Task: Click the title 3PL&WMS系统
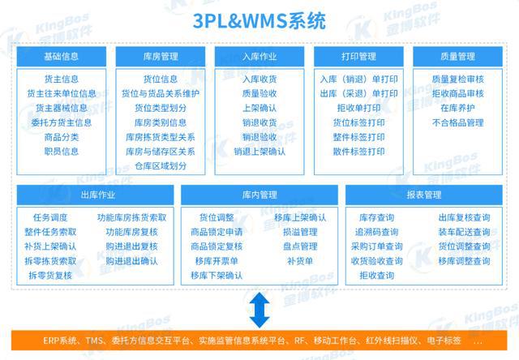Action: (259, 21)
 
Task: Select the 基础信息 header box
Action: (62, 57)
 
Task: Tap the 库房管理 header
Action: (161, 57)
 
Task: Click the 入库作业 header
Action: (259, 57)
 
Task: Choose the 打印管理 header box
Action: (358, 57)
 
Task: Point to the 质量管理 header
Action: (457, 57)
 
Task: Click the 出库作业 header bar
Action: (96, 195)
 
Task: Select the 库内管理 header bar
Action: (259, 195)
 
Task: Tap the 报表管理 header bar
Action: (424, 195)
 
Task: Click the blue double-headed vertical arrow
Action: (259, 310)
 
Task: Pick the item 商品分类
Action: (62, 137)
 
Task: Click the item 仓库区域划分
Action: (161, 166)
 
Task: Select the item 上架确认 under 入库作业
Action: (259, 108)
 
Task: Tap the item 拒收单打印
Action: (358, 108)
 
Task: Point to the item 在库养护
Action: (457, 108)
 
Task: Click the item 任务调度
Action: (50, 217)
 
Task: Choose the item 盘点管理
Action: (300, 246)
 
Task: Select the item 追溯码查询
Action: (376, 232)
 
